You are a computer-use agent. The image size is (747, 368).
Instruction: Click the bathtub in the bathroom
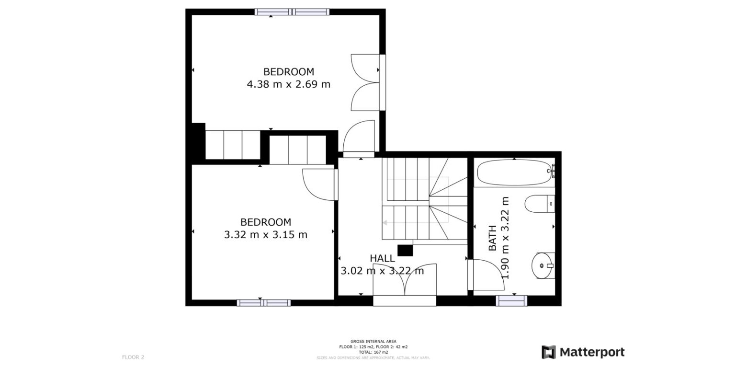pyautogui.click(x=514, y=173)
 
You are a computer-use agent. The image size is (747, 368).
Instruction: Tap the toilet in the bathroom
pyautogui.click(x=539, y=204)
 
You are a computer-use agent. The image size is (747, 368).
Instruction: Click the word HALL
pyautogui.click(x=382, y=259)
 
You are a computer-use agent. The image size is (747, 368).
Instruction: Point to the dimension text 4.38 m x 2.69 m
pyautogui.click(x=288, y=84)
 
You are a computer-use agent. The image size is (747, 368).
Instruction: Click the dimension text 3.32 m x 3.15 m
pyautogui.click(x=266, y=235)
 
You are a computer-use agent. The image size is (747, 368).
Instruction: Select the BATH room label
pyautogui.click(x=493, y=239)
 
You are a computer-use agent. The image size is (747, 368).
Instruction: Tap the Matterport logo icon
pyautogui.click(x=548, y=352)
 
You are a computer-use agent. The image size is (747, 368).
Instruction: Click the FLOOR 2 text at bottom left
pyautogui.click(x=133, y=357)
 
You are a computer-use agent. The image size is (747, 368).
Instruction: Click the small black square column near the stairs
pyautogui.click(x=405, y=250)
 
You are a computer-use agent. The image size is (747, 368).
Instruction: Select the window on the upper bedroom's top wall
pyautogui.click(x=292, y=12)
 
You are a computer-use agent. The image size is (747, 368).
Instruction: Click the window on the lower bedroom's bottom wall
pyautogui.click(x=263, y=302)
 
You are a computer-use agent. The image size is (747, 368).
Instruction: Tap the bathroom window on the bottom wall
pyautogui.click(x=511, y=300)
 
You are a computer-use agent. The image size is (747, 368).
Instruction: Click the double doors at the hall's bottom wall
pyautogui.click(x=405, y=280)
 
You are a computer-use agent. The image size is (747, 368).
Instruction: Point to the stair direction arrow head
pyautogui.click(x=385, y=223)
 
